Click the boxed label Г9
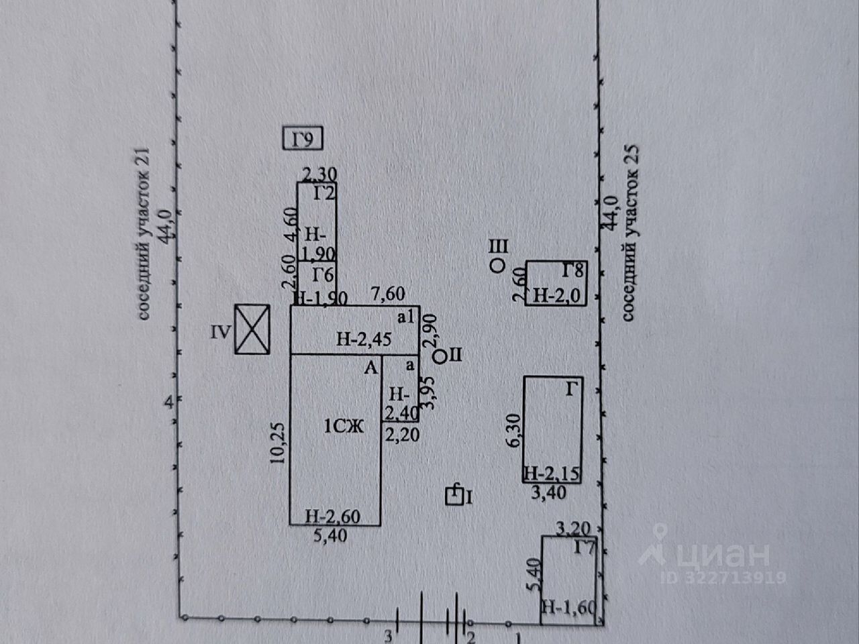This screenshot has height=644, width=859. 303,140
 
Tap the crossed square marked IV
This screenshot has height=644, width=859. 252,329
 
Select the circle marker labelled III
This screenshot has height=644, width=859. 497,266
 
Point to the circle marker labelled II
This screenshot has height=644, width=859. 439,356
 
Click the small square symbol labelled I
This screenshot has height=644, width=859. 455,496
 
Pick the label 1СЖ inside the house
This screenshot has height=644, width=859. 344,425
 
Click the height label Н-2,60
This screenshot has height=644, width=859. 333,517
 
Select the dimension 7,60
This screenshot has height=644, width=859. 389,294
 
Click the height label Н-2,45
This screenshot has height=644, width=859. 364,339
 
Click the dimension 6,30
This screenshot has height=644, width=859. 516,430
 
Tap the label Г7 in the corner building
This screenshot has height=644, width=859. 585,549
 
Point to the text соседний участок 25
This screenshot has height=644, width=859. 630,232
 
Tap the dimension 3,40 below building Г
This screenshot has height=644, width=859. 548,493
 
